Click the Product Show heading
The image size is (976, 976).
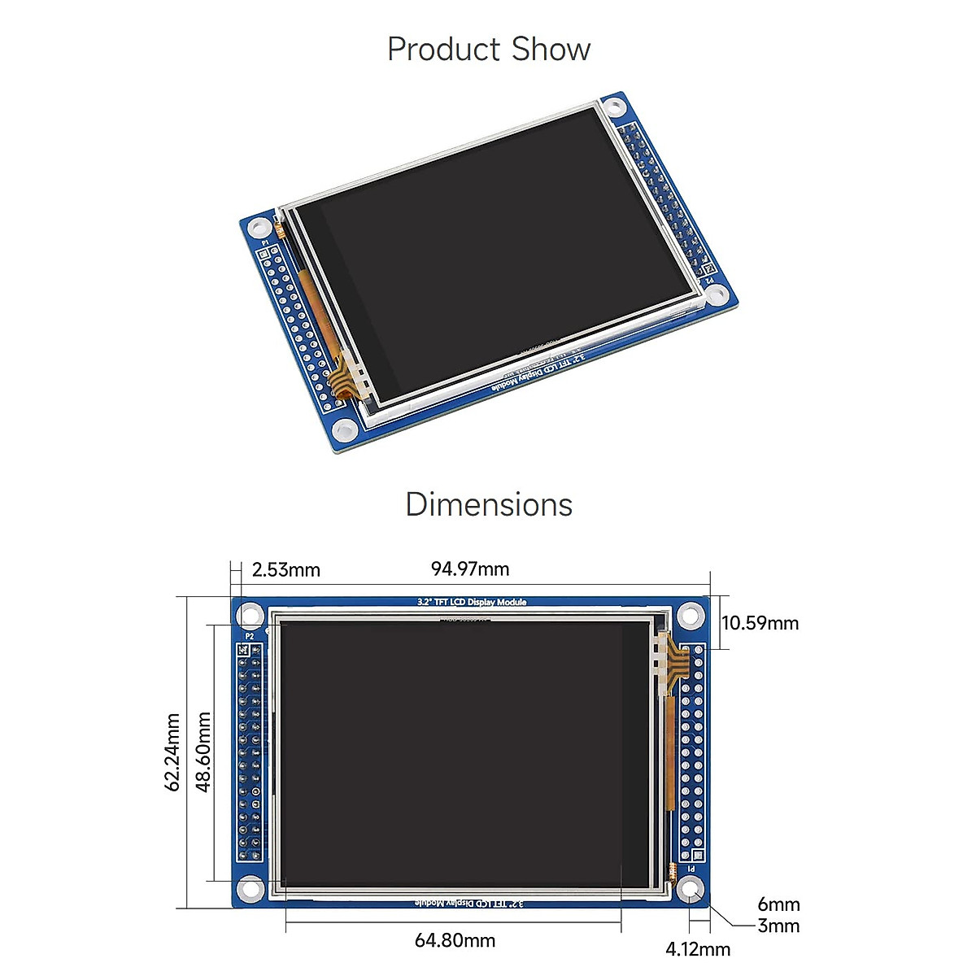[488, 50]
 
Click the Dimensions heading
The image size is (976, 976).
[488, 505]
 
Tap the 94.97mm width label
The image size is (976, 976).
[470, 569]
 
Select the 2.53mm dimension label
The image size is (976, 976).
[285, 570]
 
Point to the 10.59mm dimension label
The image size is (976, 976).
[760, 623]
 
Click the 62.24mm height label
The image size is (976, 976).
[172, 752]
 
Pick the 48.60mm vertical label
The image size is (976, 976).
[203, 752]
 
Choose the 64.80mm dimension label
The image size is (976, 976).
[455, 940]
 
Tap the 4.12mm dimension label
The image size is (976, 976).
[698, 949]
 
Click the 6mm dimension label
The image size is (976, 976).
[778, 904]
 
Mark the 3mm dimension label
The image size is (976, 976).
[778, 926]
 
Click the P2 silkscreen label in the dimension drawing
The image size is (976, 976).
[249, 636]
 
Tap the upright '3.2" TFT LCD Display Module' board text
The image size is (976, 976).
[472, 603]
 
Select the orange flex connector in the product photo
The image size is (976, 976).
[347, 379]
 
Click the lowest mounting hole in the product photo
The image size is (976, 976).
[346, 430]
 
